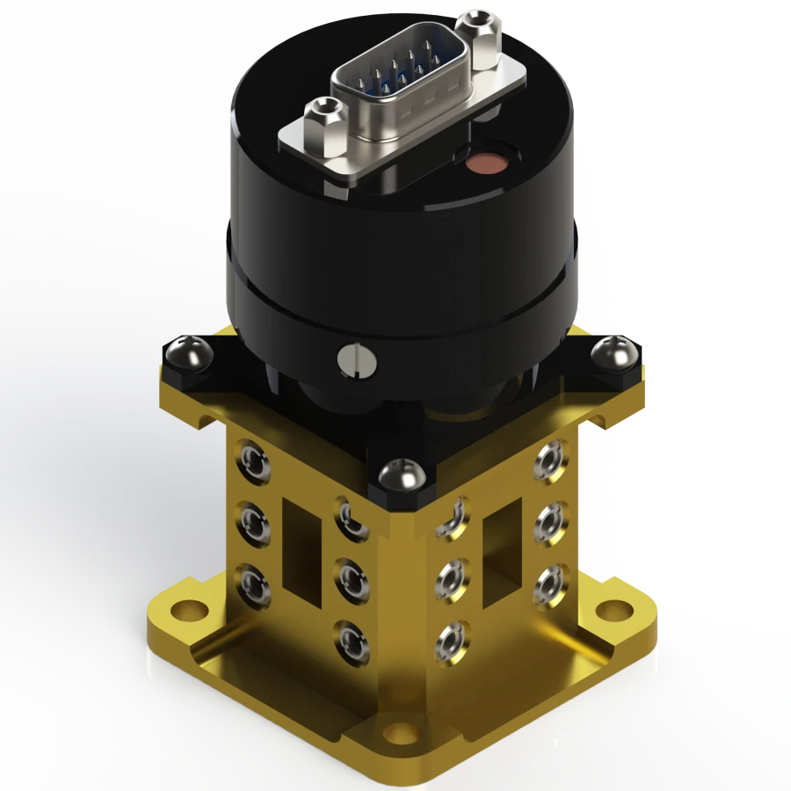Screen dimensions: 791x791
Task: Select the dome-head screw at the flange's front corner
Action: (402, 477)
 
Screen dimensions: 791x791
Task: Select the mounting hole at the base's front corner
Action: (400, 732)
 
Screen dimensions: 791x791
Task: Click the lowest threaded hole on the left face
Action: (351, 637)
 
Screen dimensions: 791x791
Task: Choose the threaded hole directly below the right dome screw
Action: (551, 458)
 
